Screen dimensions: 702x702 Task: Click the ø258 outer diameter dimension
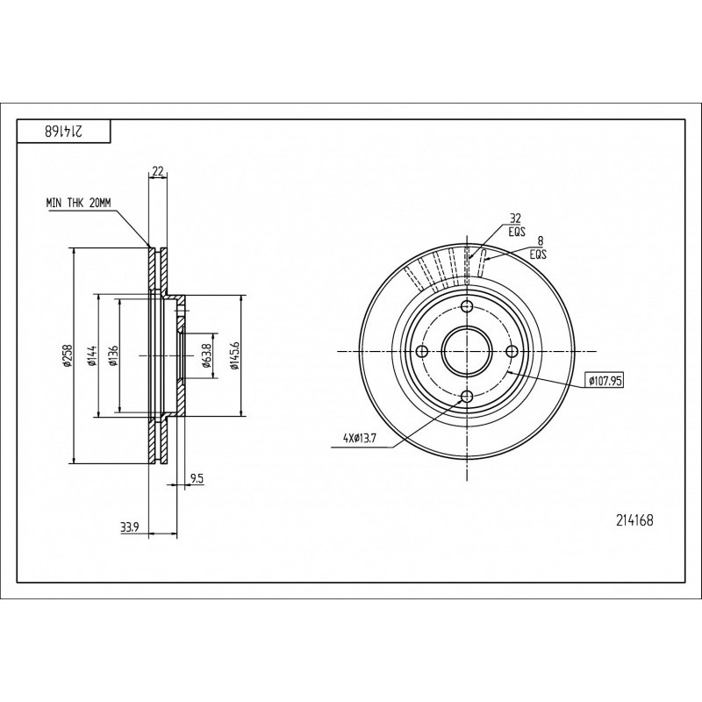click(68, 356)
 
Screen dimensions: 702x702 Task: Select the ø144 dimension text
click(93, 356)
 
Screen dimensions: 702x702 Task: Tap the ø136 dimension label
click(114, 356)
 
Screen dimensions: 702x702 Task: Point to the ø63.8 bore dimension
click(206, 356)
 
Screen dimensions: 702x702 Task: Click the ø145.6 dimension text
click(235, 356)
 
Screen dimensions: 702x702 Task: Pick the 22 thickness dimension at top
click(158, 170)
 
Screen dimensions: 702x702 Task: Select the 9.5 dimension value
click(197, 478)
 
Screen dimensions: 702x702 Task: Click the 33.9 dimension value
click(129, 528)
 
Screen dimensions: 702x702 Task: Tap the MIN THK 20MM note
click(78, 204)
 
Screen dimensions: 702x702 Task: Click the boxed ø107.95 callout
click(604, 381)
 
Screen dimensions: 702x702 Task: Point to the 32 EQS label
click(516, 226)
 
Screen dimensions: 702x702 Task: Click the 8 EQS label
click(539, 247)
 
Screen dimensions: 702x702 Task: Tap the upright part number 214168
click(634, 520)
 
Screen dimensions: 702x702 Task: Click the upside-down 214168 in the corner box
click(64, 131)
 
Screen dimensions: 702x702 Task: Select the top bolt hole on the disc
click(467, 306)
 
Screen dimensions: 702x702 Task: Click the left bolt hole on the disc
click(422, 352)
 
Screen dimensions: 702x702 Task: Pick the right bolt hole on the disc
click(512, 352)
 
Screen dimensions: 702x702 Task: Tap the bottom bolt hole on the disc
click(467, 397)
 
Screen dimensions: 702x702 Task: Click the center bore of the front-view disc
click(467, 352)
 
